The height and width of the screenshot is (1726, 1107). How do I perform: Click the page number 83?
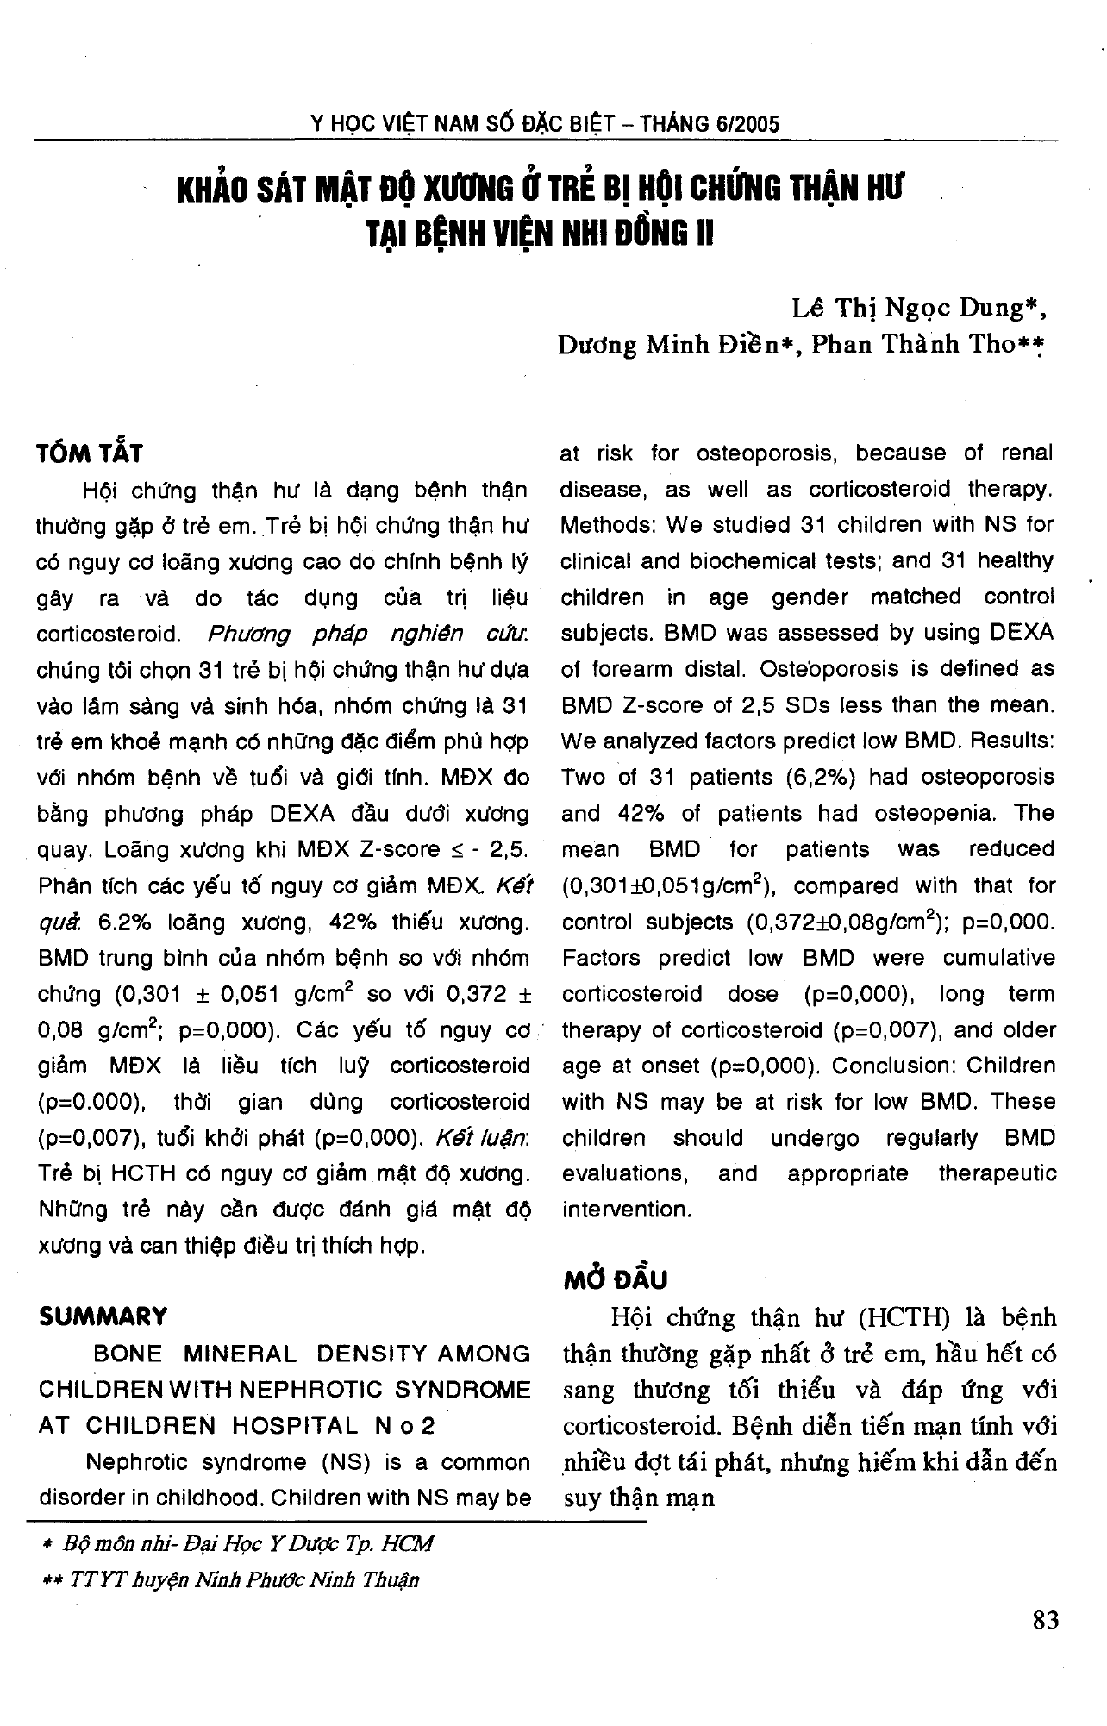[x=1044, y=1620]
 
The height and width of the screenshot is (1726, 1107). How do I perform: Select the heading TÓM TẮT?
[x=90, y=453]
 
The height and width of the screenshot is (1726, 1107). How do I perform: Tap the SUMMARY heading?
[x=103, y=1316]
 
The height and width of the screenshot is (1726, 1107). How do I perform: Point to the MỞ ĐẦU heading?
[x=616, y=1279]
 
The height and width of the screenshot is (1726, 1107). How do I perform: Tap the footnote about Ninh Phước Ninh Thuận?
[x=230, y=1579]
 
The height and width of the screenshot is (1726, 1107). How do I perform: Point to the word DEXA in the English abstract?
[x=1022, y=633]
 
